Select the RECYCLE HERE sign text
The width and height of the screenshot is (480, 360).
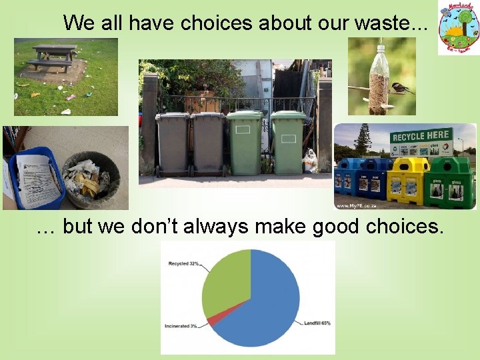[x=421, y=136]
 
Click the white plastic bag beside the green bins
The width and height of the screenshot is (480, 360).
[x=310, y=161]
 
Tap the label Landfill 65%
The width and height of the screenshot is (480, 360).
[x=317, y=323]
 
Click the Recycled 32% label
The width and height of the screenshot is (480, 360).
[x=184, y=263]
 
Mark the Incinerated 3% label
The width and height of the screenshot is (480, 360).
[x=182, y=326]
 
